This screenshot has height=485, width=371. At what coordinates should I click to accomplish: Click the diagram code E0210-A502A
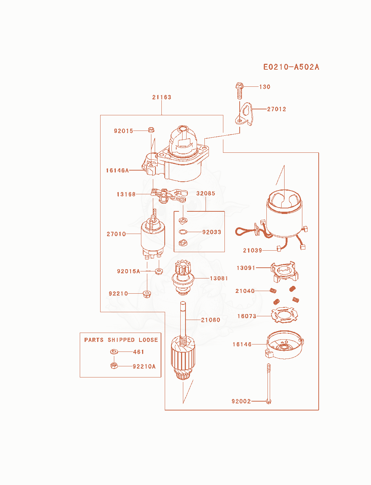tap(291, 67)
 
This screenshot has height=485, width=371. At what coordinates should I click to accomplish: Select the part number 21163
tap(162, 97)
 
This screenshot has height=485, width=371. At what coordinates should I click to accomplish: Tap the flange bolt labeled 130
tap(239, 90)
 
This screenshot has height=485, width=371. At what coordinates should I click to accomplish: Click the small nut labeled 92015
tap(151, 130)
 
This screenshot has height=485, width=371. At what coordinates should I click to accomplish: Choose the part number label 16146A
tap(117, 170)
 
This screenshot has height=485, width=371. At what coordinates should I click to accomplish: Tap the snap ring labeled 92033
tap(183, 232)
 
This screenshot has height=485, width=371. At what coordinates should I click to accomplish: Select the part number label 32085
tap(206, 193)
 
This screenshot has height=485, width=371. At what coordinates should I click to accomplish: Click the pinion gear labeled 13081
tap(183, 277)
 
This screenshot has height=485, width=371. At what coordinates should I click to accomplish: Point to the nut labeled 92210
tap(147, 294)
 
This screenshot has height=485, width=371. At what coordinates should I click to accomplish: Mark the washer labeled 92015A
tap(159, 271)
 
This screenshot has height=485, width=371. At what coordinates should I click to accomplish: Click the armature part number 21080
tap(210, 320)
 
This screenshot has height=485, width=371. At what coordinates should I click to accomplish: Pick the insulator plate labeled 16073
tap(285, 315)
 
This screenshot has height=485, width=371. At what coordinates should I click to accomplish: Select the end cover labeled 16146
tap(285, 344)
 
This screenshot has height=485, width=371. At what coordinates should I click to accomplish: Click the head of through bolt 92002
tap(269, 401)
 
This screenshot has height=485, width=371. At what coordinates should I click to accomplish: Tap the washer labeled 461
tap(114, 352)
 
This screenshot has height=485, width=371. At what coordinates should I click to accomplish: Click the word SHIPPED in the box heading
tap(121, 340)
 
